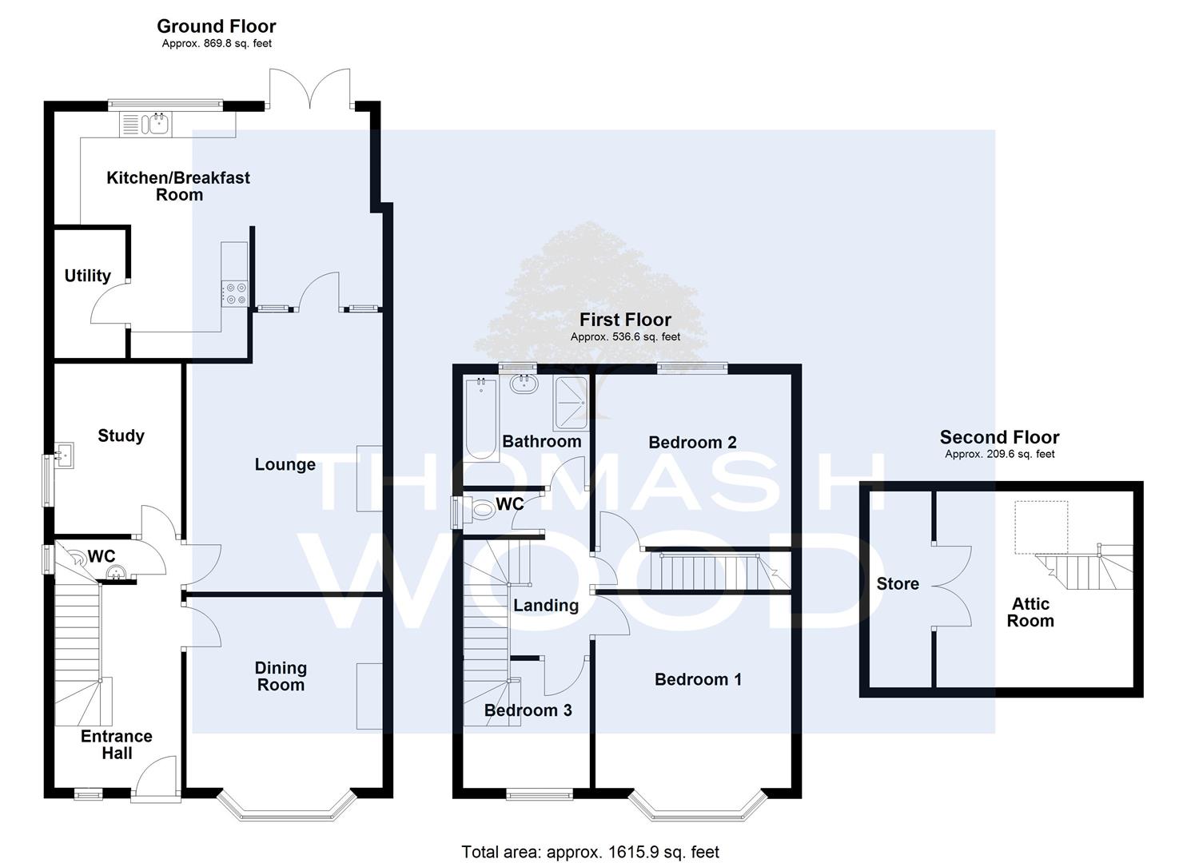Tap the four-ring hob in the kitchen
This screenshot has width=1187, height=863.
click(234, 293)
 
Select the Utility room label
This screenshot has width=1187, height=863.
click(88, 276)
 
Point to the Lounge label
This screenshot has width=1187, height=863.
click(285, 464)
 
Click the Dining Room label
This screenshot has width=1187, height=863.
click(281, 677)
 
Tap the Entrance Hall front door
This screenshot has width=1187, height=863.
click(155, 777)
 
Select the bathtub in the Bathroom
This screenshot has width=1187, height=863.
click(482, 419)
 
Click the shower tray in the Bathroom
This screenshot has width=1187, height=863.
click(571, 403)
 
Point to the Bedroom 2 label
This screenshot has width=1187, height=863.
click(692, 443)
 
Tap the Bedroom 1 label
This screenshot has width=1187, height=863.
click(698, 679)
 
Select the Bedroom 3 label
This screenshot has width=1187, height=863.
click(528, 710)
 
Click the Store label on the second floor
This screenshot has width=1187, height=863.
click(898, 583)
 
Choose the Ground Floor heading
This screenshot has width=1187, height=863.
click(216, 26)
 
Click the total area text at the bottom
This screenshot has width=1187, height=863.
click(591, 852)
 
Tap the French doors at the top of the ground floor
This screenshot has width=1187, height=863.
click(309, 87)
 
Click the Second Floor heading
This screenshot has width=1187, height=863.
click(999, 437)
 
